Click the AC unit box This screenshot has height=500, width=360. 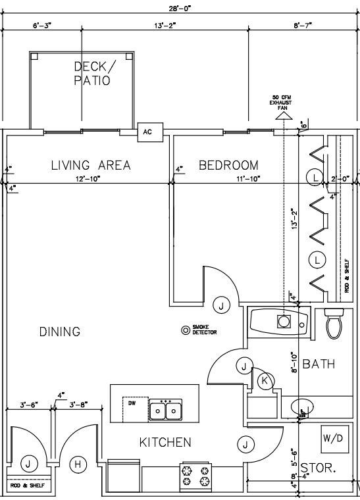[147, 132]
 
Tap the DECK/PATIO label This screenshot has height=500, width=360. [92, 73]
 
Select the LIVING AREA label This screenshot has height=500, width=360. [91, 165]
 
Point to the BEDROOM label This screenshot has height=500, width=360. [229, 165]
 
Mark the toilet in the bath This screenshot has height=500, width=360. [334, 323]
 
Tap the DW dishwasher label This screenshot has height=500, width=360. [132, 403]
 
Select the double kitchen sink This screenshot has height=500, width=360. [165, 411]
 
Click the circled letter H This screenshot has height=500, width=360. [79, 464]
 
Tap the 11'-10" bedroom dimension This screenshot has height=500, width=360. [248, 179]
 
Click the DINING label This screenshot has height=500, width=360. [59, 332]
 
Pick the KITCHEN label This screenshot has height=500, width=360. [165, 442]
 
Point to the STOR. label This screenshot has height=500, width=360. [319, 469]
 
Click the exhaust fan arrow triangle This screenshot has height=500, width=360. [284, 116]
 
